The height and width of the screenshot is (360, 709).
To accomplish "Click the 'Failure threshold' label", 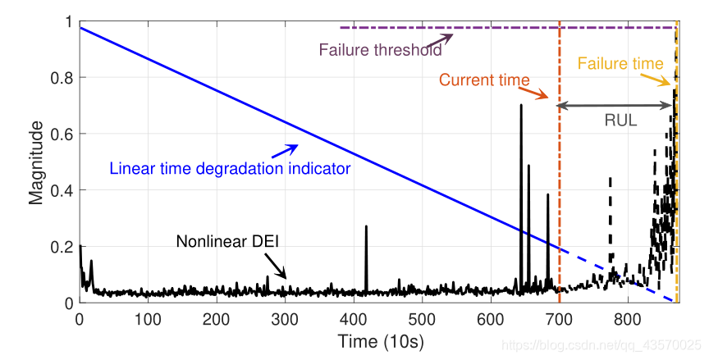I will [380, 50].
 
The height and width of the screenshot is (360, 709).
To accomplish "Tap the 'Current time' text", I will [484, 80].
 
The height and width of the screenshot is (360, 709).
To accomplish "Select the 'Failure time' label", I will [620, 63].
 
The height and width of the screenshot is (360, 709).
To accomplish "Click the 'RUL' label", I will [620, 119].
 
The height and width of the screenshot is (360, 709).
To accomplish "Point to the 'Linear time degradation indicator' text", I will [230, 169].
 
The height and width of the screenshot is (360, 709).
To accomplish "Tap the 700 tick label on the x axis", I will [559, 318].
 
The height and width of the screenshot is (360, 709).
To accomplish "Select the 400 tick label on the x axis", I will [353, 318].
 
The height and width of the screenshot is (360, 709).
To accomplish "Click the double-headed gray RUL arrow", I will [615, 105].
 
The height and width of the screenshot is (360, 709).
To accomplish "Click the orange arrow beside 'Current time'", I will [538, 93].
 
